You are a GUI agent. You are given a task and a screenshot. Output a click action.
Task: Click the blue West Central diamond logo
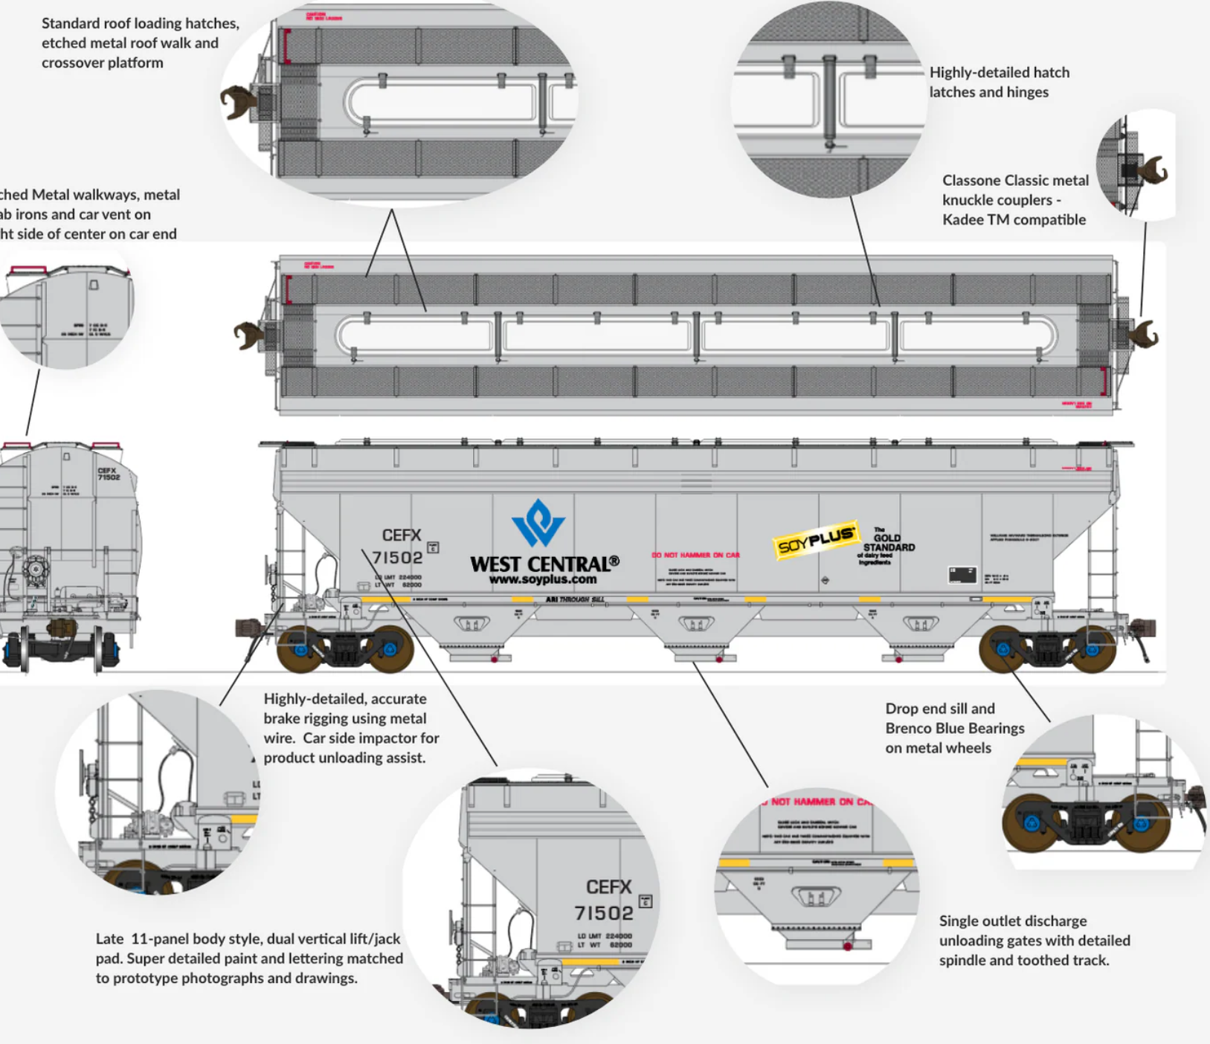tap(538, 523)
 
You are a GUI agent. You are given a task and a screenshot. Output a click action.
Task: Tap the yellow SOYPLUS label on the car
tap(816, 539)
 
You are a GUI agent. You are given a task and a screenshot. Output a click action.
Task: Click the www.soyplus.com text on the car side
tap(543, 579)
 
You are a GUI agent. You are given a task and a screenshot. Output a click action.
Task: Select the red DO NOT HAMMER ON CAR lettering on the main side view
tap(695, 555)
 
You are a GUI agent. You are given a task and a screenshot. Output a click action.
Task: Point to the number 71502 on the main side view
tap(397, 557)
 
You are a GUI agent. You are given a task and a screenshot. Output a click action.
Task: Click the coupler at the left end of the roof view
tap(248, 335)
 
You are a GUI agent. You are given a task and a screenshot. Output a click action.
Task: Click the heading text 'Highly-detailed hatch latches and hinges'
tap(999, 82)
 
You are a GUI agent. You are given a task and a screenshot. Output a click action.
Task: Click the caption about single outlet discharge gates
tap(1034, 940)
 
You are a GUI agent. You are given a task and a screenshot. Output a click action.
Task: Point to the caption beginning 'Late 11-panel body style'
tap(249, 958)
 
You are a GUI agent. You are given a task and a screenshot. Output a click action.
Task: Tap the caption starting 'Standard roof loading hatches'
tap(140, 43)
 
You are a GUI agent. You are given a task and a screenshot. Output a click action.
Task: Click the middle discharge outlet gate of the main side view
tap(697, 624)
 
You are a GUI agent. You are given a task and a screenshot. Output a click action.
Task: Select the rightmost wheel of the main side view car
tap(1092, 649)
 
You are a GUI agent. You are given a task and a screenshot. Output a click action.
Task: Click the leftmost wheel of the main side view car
tap(300, 649)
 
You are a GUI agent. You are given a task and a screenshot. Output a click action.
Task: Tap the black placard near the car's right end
tap(962, 574)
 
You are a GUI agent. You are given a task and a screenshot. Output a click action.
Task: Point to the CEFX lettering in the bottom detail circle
tap(608, 886)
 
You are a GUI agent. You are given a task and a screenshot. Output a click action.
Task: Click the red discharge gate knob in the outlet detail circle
tap(847, 946)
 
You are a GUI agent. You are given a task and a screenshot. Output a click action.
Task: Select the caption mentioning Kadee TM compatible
tap(1014, 200)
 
